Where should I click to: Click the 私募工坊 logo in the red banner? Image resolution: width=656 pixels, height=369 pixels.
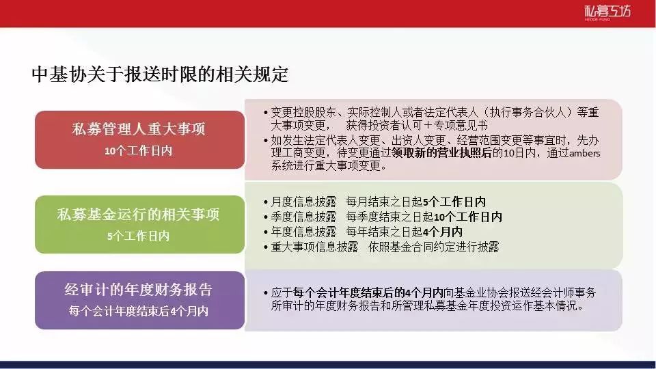[607, 12]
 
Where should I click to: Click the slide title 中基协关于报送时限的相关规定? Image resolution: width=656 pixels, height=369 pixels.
[160, 74]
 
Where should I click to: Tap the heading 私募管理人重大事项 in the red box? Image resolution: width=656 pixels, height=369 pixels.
[139, 129]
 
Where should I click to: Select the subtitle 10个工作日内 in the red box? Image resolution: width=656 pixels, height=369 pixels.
[139, 150]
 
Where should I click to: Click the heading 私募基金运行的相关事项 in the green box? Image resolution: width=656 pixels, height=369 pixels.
[139, 214]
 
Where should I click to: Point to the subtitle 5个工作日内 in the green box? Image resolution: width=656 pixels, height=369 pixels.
[139, 236]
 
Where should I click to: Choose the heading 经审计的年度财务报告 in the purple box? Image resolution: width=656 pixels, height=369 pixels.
[139, 290]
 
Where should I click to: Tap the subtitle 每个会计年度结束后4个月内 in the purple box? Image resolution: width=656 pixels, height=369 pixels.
[139, 311]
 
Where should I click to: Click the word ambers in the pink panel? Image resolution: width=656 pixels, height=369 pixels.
[585, 153]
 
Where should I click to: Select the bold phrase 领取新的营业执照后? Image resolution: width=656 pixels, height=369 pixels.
[442, 152]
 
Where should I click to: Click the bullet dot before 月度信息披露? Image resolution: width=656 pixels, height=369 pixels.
[266, 202]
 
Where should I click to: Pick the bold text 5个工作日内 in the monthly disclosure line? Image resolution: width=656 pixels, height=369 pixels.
[454, 202]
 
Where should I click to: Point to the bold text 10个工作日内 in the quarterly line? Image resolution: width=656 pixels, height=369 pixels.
[468, 217]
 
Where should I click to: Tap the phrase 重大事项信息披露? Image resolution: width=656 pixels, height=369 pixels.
[314, 247]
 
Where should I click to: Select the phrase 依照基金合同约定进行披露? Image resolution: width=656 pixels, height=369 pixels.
[434, 247]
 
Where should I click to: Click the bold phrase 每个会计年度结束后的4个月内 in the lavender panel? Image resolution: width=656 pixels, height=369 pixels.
[368, 292]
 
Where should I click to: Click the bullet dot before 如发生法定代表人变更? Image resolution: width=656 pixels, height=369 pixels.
[266, 141]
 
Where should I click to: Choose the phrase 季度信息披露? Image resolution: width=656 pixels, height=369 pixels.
[303, 217]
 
